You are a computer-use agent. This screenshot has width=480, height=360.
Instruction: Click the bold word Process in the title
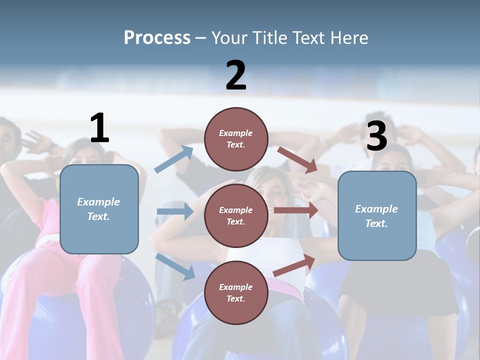click(x=157, y=37)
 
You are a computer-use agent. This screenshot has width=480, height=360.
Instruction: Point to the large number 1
click(x=99, y=128)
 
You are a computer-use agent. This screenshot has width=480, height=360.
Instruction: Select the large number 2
click(x=236, y=75)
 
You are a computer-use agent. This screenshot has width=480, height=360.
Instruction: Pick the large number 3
click(x=376, y=136)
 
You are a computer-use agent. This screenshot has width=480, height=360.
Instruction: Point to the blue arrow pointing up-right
click(x=174, y=159)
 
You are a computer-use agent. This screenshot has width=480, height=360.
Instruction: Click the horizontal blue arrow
click(x=175, y=211)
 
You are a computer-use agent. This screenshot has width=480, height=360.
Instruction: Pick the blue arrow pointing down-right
click(x=175, y=266)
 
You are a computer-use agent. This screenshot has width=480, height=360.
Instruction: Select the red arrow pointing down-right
click(x=297, y=159)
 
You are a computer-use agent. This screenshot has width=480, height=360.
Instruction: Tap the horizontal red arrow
click(x=296, y=210)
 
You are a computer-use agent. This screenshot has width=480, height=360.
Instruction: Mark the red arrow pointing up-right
click(x=294, y=265)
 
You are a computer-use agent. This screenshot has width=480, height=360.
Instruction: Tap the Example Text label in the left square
click(x=98, y=209)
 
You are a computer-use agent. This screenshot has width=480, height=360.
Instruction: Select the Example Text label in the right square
click(x=376, y=216)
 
